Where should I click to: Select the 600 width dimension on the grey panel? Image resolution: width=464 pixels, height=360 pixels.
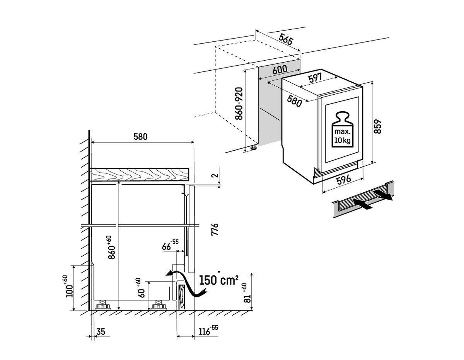tap(280, 70)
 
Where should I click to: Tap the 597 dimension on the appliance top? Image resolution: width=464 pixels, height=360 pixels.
tap(315, 78)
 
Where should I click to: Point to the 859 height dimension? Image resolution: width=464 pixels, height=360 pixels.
tap(378, 126)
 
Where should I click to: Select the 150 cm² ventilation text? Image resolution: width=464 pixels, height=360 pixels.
tap(218, 280)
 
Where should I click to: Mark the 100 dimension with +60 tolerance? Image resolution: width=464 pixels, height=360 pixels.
tap(67, 286)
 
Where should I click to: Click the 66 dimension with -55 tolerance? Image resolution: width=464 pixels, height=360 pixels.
tap(170, 245)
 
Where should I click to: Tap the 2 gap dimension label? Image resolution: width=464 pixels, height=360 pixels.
tap(216, 175)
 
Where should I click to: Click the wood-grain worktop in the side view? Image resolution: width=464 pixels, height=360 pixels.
tap(140, 174)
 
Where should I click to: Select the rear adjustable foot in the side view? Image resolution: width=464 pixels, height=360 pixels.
tap(103, 305)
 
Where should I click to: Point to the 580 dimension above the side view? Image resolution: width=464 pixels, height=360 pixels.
tap(140, 137)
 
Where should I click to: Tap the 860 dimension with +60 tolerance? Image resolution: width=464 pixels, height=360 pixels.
tap(111, 247)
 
